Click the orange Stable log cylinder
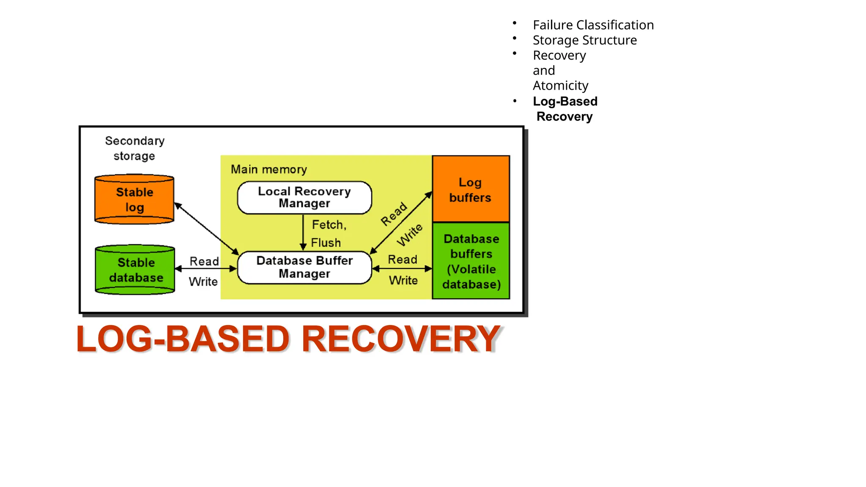(x=134, y=199)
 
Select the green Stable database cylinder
(x=135, y=270)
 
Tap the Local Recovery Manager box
(x=304, y=197)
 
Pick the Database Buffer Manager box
(x=304, y=267)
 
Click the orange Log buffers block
(x=470, y=189)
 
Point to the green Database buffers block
(x=471, y=261)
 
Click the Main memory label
(x=269, y=170)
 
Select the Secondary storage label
(x=134, y=148)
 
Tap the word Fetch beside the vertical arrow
(x=329, y=224)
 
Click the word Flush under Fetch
(x=326, y=243)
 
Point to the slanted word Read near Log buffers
(x=394, y=214)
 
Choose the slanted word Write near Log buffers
(x=409, y=235)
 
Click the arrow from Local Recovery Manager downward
(x=303, y=233)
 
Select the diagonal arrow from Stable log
(x=206, y=228)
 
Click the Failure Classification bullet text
(x=593, y=25)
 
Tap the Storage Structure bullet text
(x=584, y=40)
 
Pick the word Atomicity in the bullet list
(x=560, y=85)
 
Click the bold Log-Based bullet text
(x=565, y=101)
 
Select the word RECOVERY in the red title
(x=400, y=339)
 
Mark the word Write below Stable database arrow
(x=203, y=282)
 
